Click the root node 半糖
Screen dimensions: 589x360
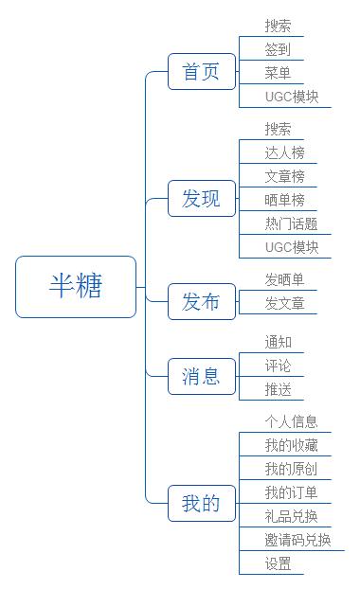pos(76,286)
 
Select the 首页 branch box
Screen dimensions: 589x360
pos(201,72)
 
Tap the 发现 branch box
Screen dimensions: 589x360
pos(201,199)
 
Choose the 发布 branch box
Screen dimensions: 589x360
pos(201,302)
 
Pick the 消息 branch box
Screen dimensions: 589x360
pos(201,377)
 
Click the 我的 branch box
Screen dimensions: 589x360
pos(201,504)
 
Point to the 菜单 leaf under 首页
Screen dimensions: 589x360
pos(279,73)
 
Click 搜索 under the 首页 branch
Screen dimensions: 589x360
pos(279,27)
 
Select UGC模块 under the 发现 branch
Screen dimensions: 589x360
pos(292,247)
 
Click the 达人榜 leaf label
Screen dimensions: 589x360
pos(285,152)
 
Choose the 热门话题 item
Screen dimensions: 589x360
pos(292,223)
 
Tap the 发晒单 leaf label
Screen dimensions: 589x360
pos(285,279)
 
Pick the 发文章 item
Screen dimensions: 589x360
pos(285,303)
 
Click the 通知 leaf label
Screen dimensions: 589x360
pos(279,342)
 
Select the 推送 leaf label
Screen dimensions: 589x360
pos(279,389)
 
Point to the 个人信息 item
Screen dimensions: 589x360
pos(292,421)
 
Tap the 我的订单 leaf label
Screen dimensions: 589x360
pos(292,492)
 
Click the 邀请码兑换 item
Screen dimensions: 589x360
pos(298,540)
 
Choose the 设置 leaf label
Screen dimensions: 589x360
pos(279,563)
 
